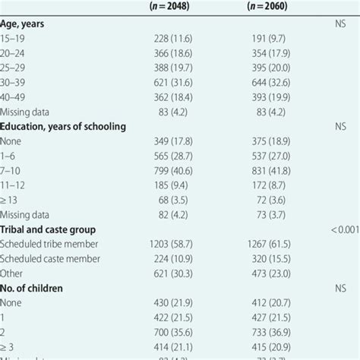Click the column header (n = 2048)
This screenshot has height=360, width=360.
[x=177, y=8]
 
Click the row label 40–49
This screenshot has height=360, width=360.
[x=15, y=97]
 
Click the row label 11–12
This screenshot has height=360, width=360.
[x=14, y=185]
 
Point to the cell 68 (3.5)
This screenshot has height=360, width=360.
[x=182, y=199]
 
